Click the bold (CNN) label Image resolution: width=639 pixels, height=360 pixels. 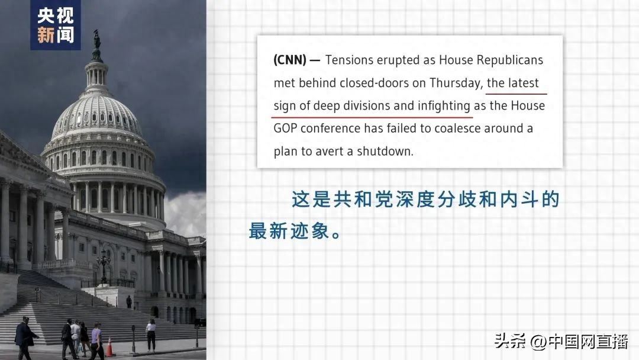coord(290,60)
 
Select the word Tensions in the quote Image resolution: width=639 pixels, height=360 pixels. coord(349,60)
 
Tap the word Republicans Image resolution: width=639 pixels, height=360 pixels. coord(510,60)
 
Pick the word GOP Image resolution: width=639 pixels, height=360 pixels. coord(285,128)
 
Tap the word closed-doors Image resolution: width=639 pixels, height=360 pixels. coord(374,83)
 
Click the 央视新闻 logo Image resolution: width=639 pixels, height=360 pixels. coord(56,25)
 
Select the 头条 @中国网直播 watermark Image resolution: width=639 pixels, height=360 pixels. coord(561,341)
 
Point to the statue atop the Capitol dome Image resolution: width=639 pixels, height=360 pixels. coord(96,40)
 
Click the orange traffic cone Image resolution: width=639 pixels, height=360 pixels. coord(109,347)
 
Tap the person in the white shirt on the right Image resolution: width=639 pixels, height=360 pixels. coord(151,335)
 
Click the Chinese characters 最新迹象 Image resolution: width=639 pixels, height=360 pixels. coord(289,231)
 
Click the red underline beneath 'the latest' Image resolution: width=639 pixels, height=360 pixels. coord(516,94)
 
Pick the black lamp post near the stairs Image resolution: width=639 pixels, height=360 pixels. coord(104,268)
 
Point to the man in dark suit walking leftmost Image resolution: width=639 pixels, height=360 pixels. coord(25,338)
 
